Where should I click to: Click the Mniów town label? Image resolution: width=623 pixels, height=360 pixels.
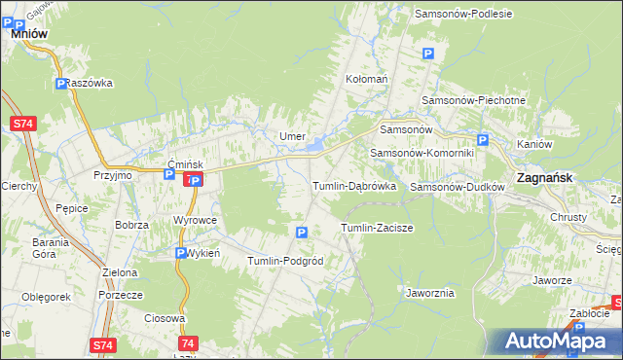pyautogui.click(x=30, y=32)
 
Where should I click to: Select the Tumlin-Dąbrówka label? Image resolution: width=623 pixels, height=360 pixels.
pyautogui.click(x=352, y=186)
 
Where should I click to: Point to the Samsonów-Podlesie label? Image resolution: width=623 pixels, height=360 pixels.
pyautogui.click(x=463, y=14)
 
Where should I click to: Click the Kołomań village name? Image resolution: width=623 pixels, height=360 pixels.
pyautogui.click(x=367, y=78)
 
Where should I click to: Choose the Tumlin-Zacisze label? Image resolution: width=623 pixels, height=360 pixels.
pyautogui.click(x=377, y=228)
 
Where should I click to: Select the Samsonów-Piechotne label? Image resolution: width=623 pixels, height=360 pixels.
pyautogui.click(x=473, y=100)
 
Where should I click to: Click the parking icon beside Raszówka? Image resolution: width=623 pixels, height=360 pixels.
pyautogui.click(x=61, y=84)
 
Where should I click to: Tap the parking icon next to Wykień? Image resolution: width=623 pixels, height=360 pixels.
pyautogui.click(x=181, y=253)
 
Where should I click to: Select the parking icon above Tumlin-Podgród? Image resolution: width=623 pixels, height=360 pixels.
pyautogui.click(x=301, y=233)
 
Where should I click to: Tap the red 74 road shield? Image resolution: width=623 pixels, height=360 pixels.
pyautogui.click(x=188, y=343)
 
